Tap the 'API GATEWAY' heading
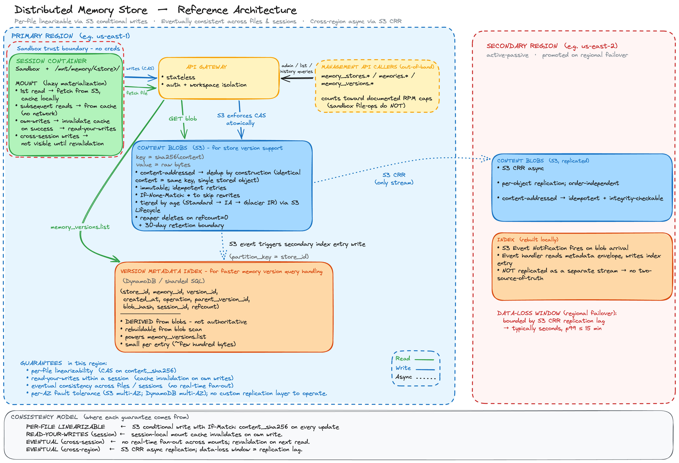pyautogui.click(x=206, y=67)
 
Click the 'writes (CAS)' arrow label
pyautogui.click(x=140, y=68)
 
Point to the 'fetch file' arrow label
pyautogui.click(x=137, y=93)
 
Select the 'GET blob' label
pyautogui.click(x=183, y=118)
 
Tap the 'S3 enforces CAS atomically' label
pyautogui.click(x=241, y=119)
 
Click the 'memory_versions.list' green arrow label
pyautogui.click(x=80, y=227)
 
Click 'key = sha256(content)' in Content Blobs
pyautogui.click(x=170, y=157)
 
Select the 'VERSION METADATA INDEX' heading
pyautogui.click(x=161, y=271)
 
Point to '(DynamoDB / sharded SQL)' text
pyautogui.click(x=164, y=281)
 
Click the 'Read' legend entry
pyautogui.click(x=403, y=358)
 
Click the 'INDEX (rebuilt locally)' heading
pyautogui.click(x=527, y=239)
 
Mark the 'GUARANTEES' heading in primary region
pyautogui.click(x=41, y=363)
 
